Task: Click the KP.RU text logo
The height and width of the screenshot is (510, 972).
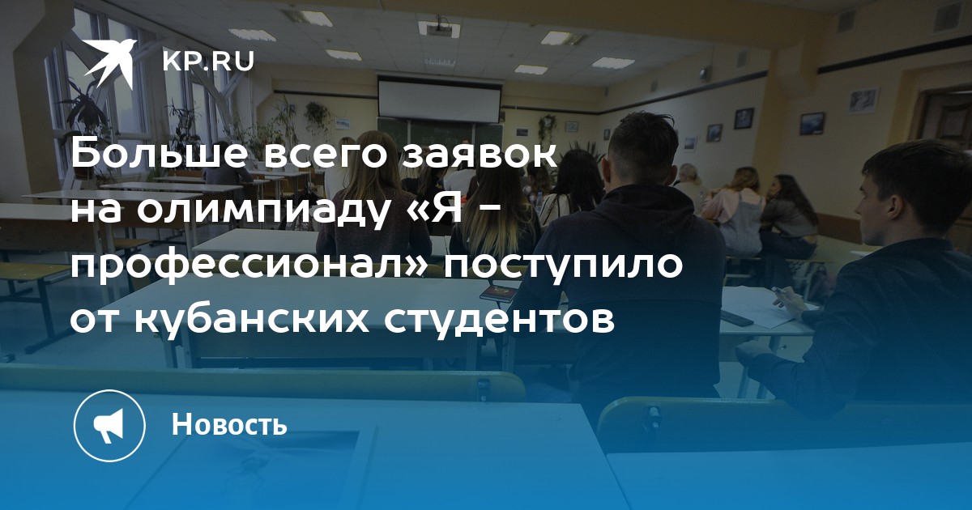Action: pyautogui.click(x=208, y=62)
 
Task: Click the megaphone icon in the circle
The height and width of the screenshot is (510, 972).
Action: pyautogui.click(x=109, y=426)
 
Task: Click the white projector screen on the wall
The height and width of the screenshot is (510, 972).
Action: pyautogui.click(x=439, y=100)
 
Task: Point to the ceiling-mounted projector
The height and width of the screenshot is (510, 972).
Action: pyautogui.click(x=440, y=28)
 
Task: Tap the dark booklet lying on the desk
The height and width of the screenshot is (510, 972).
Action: pyautogui.click(x=499, y=293)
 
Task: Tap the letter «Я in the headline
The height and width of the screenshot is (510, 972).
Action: pyautogui.click(x=439, y=210)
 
